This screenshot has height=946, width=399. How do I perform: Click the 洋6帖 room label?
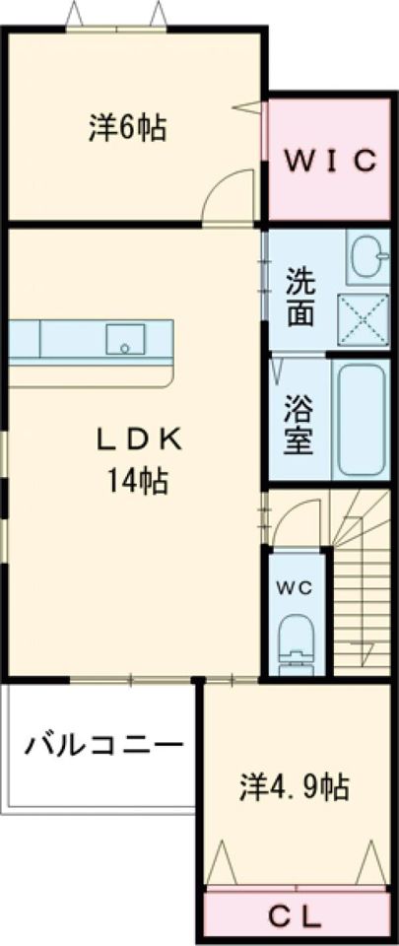click(x=126, y=128)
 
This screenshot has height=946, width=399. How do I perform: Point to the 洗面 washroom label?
click(x=300, y=298)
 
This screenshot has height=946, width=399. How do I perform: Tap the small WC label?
click(x=293, y=587)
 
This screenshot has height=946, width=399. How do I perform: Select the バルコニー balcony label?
click(x=103, y=742)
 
